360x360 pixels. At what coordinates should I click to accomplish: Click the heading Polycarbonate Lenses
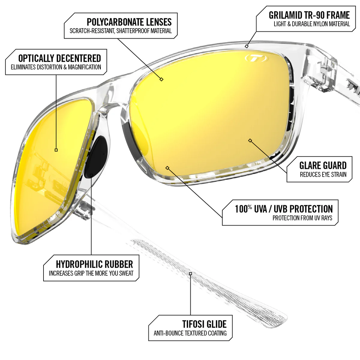pyautogui.click(x=129, y=22)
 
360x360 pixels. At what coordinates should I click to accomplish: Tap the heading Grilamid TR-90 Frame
pyautogui.click(x=309, y=15)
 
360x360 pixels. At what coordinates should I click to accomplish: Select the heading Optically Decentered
pyautogui.click(x=59, y=58)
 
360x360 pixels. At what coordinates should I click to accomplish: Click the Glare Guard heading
pyautogui.click(x=323, y=166)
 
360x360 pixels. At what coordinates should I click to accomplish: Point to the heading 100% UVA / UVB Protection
pyautogui.click(x=283, y=209)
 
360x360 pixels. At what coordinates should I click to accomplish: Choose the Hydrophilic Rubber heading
pyautogui.click(x=94, y=264)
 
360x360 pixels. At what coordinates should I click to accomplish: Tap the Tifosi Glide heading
pyautogui.click(x=204, y=324)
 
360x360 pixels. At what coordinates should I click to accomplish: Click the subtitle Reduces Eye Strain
pyautogui.click(x=323, y=175)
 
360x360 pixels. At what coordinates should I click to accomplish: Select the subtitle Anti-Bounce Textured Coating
pyautogui.click(x=190, y=333)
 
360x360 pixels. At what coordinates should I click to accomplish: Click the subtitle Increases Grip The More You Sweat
pyautogui.click(x=91, y=273)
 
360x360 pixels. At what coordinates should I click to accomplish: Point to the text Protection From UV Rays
pyautogui.click(x=302, y=218)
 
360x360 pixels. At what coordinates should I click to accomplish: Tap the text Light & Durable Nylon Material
pyautogui.click(x=312, y=24)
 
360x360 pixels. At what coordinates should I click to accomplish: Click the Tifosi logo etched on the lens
pyautogui.click(x=256, y=58)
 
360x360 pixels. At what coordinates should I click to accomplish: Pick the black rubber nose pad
pyautogui.click(x=98, y=156)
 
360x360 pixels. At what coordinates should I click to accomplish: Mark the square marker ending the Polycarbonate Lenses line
pyautogui.click(x=161, y=79)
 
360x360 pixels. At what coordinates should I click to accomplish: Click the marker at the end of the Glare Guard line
pyautogui.click(x=250, y=140)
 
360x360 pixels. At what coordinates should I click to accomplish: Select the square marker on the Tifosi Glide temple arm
pyautogui.click(x=190, y=274)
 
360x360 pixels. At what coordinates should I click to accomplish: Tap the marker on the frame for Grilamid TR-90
pyautogui.click(x=247, y=46)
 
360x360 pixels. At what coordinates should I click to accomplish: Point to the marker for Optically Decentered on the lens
pyautogui.click(x=56, y=150)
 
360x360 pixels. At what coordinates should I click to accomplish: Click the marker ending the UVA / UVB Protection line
pyautogui.click(x=167, y=168)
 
